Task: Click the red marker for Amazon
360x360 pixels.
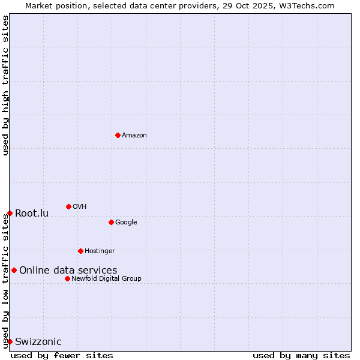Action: click(118, 135)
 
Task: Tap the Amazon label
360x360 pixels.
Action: click(134, 136)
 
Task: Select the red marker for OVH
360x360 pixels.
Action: click(68, 206)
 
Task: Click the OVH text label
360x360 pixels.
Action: click(80, 207)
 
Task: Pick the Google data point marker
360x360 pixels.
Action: click(111, 222)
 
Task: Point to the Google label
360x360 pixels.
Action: click(126, 223)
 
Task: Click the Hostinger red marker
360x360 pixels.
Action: click(80, 251)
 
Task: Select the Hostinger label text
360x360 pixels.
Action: click(100, 251)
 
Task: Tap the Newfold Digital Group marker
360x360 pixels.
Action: click(67, 278)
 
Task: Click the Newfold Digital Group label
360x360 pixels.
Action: click(106, 279)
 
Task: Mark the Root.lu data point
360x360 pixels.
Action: click(10, 213)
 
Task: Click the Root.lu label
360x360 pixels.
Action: click(32, 214)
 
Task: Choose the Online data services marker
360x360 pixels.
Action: click(14, 270)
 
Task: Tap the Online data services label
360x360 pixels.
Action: click(68, 271)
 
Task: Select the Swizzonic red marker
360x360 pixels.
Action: click(10, 341)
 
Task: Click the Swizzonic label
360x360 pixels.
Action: click(38, 342)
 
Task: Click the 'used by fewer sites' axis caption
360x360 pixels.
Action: click(62, 355)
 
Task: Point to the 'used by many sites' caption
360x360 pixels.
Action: click(301, 355)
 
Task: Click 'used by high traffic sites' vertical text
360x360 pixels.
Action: click(5, 85)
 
